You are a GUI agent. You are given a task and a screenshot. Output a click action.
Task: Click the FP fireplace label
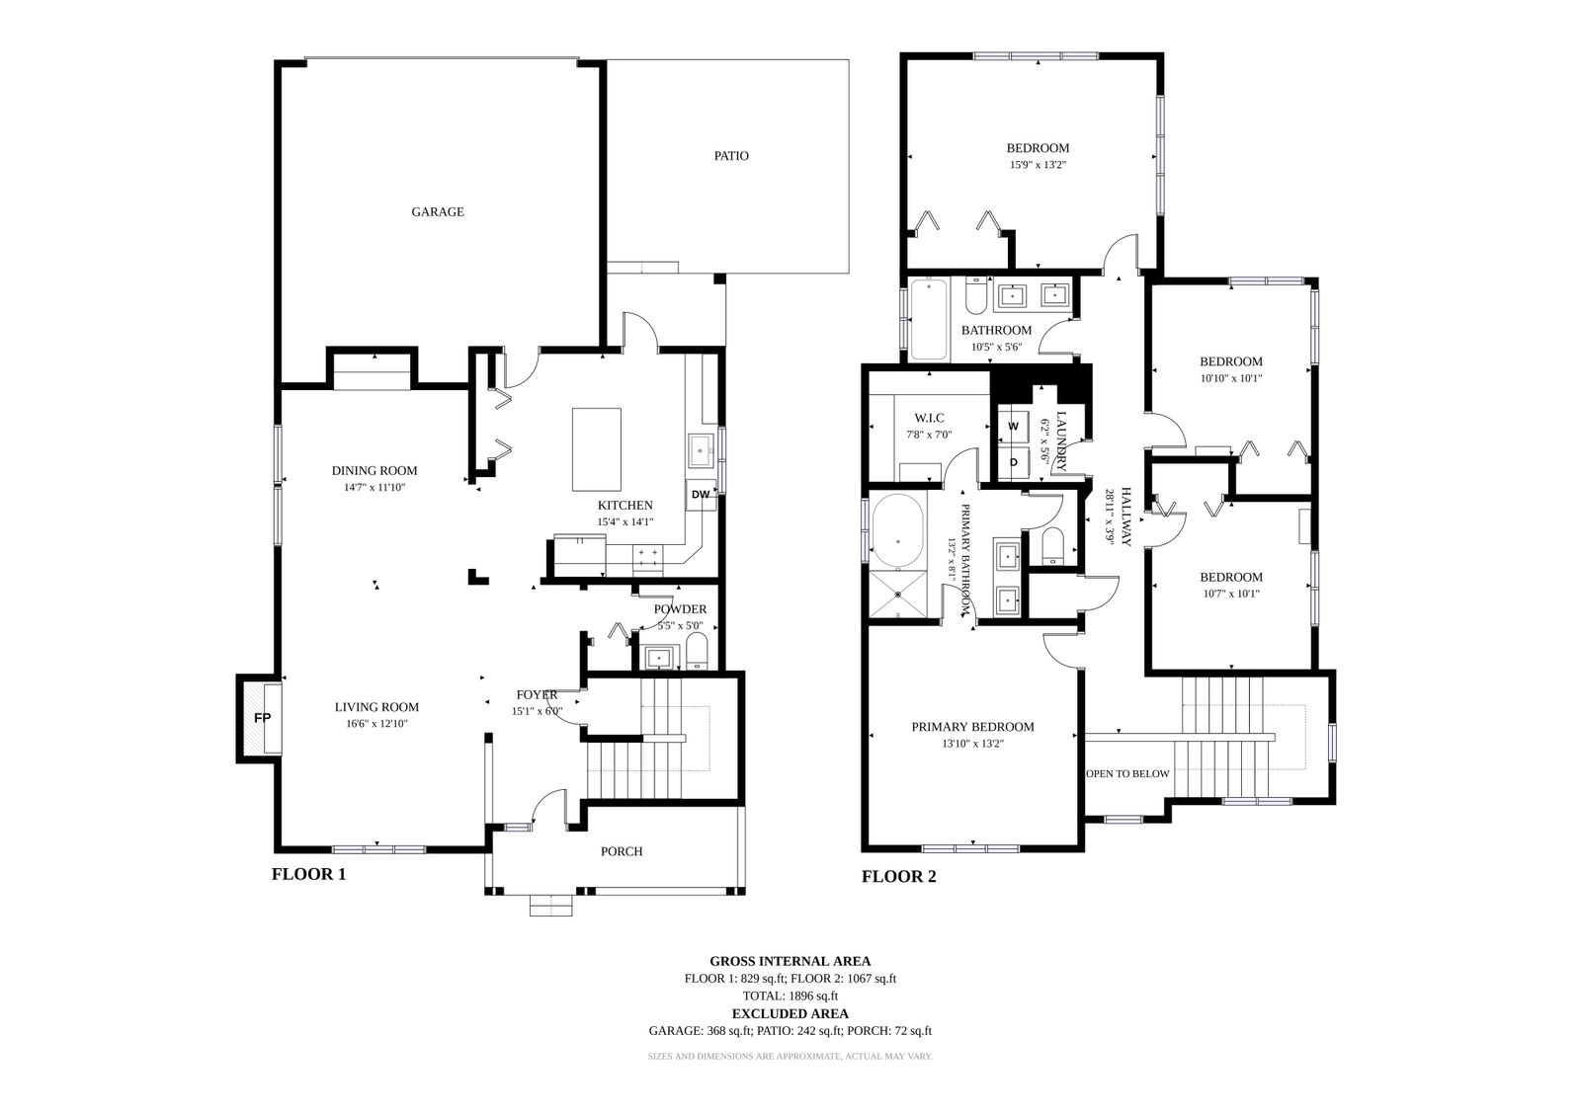pos(262,718)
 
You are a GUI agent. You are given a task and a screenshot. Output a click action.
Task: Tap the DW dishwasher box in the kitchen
pos(701,495)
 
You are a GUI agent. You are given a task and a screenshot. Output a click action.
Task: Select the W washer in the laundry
pos(1014,427)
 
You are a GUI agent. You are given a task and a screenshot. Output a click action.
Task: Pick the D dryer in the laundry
pos(1014,462)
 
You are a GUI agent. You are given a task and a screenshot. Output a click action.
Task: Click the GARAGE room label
pos(438,211)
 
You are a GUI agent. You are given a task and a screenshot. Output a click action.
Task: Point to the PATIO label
pos(731,156)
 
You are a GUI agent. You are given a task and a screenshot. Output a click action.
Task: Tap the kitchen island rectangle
pos(597,449)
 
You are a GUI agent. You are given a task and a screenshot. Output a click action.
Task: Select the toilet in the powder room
pos(697,652)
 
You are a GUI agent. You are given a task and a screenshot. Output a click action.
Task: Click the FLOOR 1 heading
pos(309,874)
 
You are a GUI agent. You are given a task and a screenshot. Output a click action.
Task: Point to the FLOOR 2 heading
pos(898,877)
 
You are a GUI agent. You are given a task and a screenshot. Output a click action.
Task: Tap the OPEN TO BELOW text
pos(1127,774)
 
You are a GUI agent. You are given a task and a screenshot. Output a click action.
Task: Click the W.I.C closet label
pos(929,419)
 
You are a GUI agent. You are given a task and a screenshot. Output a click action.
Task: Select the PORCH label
pos(622,851)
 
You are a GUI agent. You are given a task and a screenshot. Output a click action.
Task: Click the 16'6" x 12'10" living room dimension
pos(376,724)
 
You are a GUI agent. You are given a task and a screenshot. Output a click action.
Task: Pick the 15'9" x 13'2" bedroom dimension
pos(1038,165)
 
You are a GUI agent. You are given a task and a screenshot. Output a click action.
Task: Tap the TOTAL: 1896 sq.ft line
pos(790,997)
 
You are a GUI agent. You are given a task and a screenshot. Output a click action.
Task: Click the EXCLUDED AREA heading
pos(790,1014)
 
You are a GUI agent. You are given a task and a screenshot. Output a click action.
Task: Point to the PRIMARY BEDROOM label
pos(972,727)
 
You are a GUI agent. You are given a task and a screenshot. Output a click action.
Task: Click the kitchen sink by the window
pos(701,450)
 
